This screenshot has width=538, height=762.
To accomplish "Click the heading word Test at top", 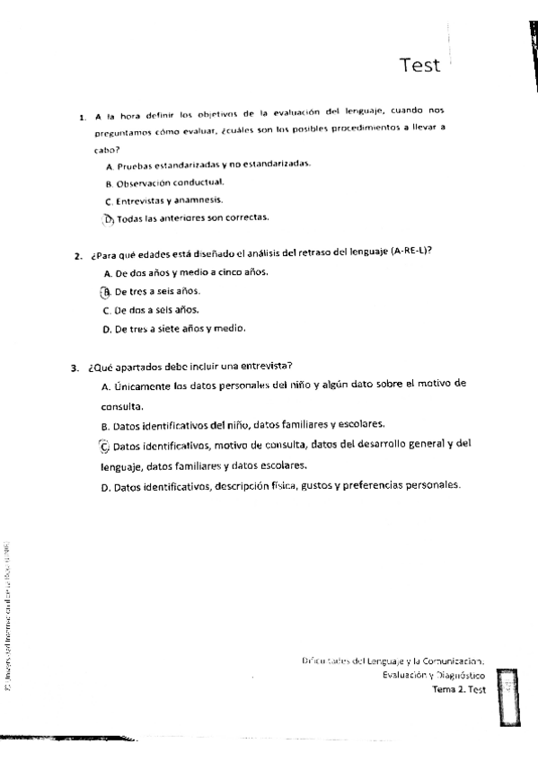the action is (x=420, y=65).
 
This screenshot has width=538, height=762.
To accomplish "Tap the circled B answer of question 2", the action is (x=106, y=291).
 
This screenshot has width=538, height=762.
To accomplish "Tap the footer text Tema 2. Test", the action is (x=458, y=689).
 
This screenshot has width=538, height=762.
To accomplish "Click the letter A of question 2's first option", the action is (x=107, y=272).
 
